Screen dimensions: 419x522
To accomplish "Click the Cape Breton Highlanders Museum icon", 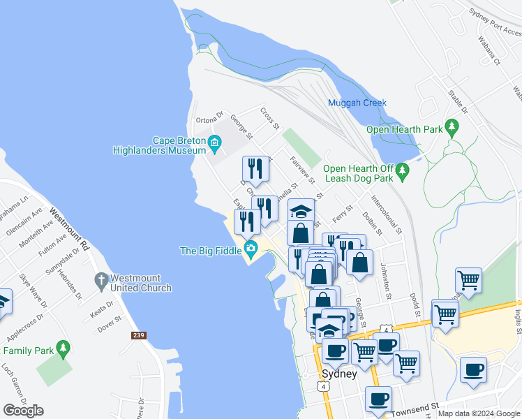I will click(214, 145).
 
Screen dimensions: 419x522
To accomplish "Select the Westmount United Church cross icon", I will click(101, 282).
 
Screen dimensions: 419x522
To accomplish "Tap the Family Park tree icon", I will click(64, 347).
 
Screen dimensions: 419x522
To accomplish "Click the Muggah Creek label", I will click(357, 103).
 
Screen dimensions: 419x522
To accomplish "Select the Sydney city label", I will click(339, 374).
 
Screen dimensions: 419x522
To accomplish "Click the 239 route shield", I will click(138, 335).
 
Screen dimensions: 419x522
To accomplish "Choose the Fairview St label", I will click(302, 170).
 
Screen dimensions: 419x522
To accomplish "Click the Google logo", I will click(23, 411).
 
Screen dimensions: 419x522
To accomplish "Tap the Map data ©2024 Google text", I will click(479, 413).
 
